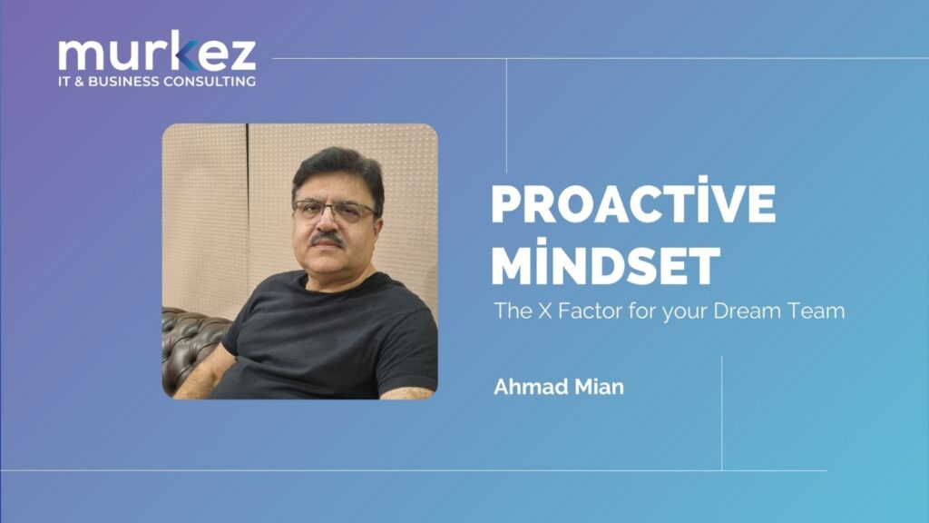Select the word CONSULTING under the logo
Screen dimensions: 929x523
click(x=210, y=81)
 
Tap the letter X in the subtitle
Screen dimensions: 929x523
click(x=544, y=311)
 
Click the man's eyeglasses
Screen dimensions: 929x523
click(x=334, y=211)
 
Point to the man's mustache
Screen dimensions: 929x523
click(x=328, y=239)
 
